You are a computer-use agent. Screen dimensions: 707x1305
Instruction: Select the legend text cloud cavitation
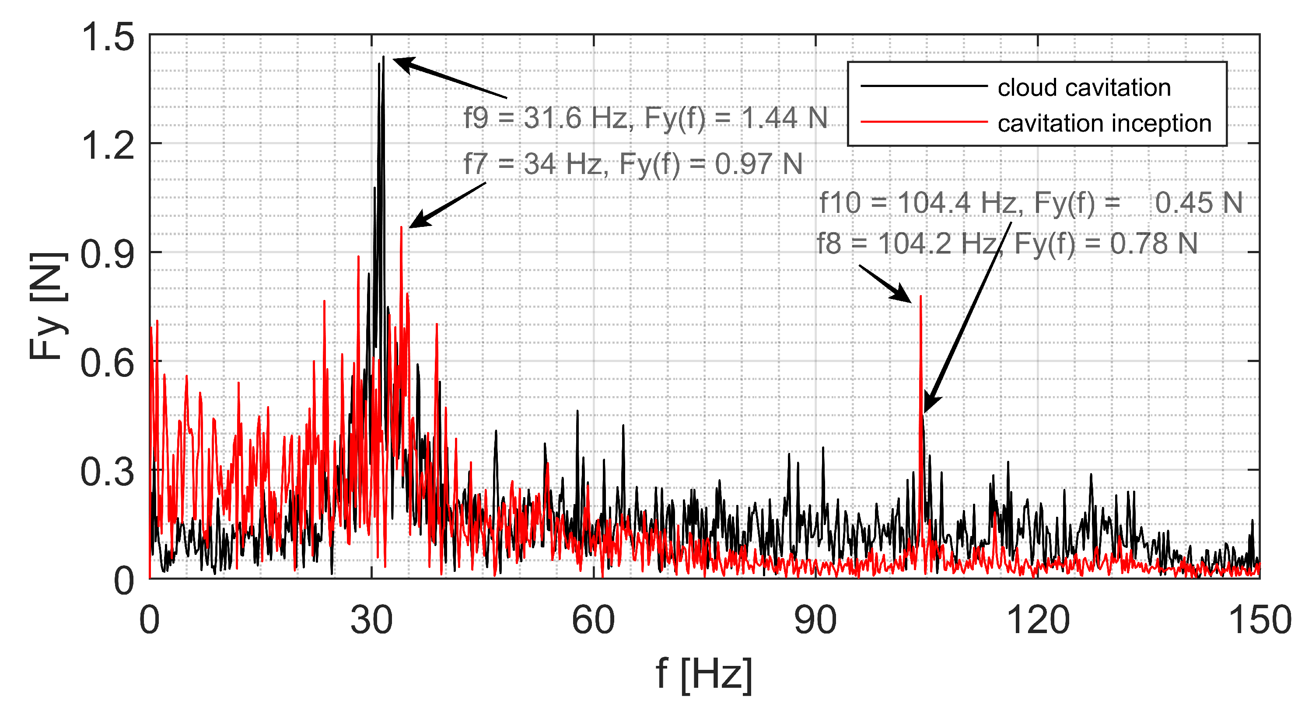(1084, 87)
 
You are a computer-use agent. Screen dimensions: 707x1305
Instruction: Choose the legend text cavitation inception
(1104, 123)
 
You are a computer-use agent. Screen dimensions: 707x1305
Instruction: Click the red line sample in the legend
(924, 122)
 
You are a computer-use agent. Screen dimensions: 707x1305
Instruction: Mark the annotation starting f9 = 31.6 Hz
(645, 118)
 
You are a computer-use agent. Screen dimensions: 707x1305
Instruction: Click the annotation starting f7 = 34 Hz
(633, 164)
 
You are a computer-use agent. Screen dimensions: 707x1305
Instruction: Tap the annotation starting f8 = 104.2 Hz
(1007, 243)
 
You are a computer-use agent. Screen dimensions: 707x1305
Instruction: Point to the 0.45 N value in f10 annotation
(1199, 202)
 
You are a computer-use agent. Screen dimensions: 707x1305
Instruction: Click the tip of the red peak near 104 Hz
(920, 296)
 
